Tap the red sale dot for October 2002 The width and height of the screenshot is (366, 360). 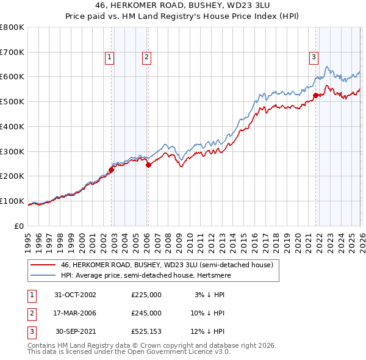(x=112, y=170)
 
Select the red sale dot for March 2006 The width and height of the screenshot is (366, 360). (x=148, y=165)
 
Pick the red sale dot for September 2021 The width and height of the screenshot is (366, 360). (x=315, y=95)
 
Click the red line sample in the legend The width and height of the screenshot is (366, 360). (x=43, y=265)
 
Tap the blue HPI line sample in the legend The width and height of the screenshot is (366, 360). (x=43, y=275)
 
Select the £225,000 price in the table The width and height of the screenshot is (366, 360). (x=146, y=295)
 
